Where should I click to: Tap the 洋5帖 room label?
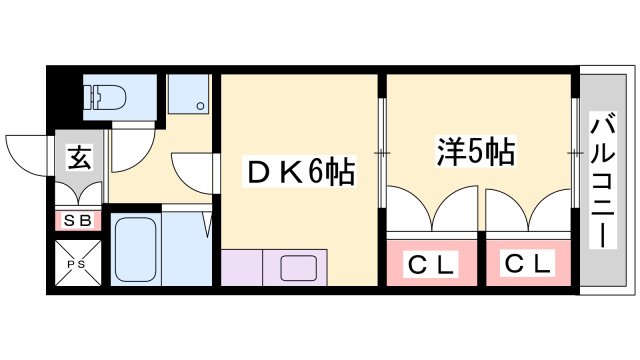(475, 152)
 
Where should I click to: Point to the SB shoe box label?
(76, 220)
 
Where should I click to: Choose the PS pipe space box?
(76, 262)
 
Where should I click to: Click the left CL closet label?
(431, 265)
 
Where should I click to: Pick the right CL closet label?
(527, 265)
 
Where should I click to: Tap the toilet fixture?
(104, 97)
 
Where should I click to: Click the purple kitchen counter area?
(241, 269)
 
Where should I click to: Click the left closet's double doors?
(431, 212)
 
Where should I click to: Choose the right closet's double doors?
(527, 212)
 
